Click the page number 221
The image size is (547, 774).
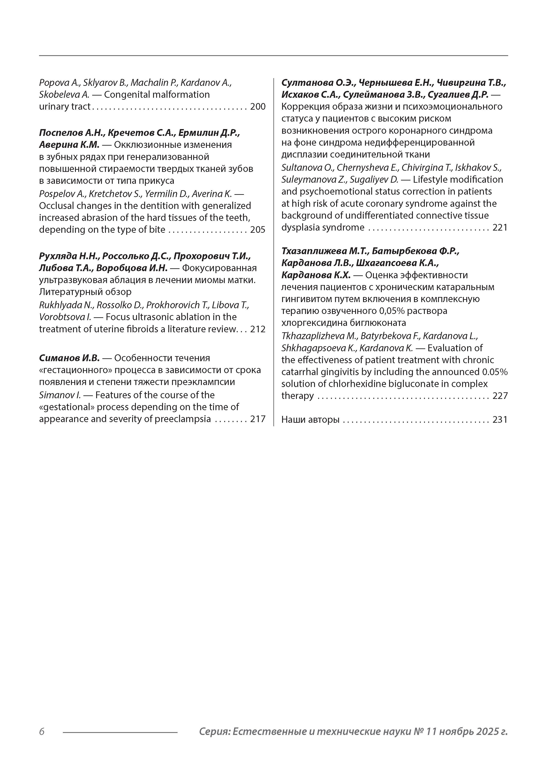(500, 227)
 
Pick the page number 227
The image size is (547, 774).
(500, 396)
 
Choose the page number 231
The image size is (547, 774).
(500, 420)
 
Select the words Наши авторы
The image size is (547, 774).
(310, 420)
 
